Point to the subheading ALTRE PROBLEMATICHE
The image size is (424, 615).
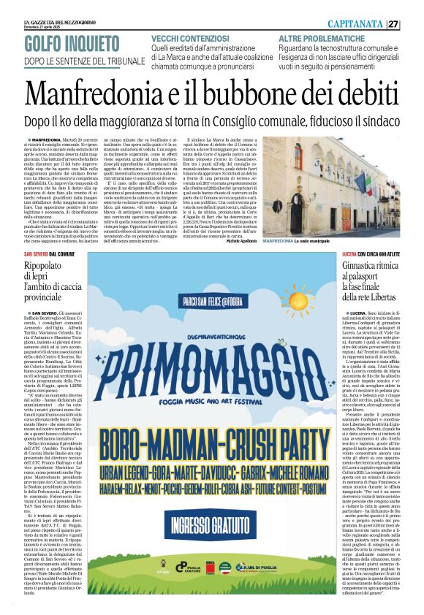click(319, 37)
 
